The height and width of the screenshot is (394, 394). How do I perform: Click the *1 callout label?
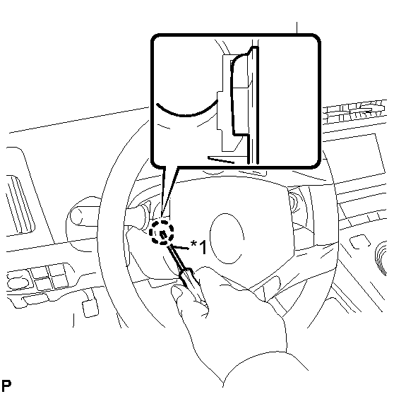click(x=198, y=246)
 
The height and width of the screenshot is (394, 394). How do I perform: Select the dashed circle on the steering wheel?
click(x=162, y=232)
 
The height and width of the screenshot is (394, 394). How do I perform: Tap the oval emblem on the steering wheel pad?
click(x=227, y=239)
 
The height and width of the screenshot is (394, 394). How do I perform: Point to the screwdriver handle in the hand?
click(x=193, y=285)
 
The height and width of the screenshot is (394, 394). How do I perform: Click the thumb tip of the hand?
click(x=177, y=291)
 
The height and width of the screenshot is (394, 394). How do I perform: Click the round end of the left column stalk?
click(x=76, y=215)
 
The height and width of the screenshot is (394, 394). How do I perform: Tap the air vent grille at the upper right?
click(x=354, y=112)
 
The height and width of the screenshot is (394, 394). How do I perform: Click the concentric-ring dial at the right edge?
click(x=381, y=259)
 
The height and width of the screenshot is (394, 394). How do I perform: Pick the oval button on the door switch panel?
click(x=18, y=283)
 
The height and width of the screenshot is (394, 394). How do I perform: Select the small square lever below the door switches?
click(x=90, y=309)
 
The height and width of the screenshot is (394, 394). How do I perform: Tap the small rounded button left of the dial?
click(x=360, y=241)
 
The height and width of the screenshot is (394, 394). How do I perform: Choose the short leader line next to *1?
click(x=180, y=247)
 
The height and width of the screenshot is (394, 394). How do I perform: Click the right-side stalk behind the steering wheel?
click(x=294, y=201)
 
